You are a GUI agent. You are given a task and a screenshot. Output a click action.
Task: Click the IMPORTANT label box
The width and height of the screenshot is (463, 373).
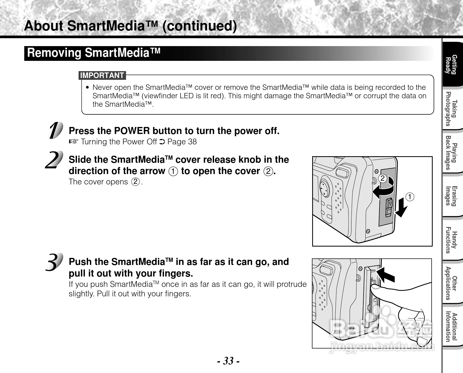point(102,76)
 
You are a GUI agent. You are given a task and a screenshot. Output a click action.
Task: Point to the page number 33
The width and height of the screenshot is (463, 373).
point(228,361)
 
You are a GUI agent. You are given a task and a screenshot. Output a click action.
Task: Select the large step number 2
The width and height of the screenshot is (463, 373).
point(54,160)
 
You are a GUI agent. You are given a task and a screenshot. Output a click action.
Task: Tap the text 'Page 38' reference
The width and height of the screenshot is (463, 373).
point(182,142)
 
